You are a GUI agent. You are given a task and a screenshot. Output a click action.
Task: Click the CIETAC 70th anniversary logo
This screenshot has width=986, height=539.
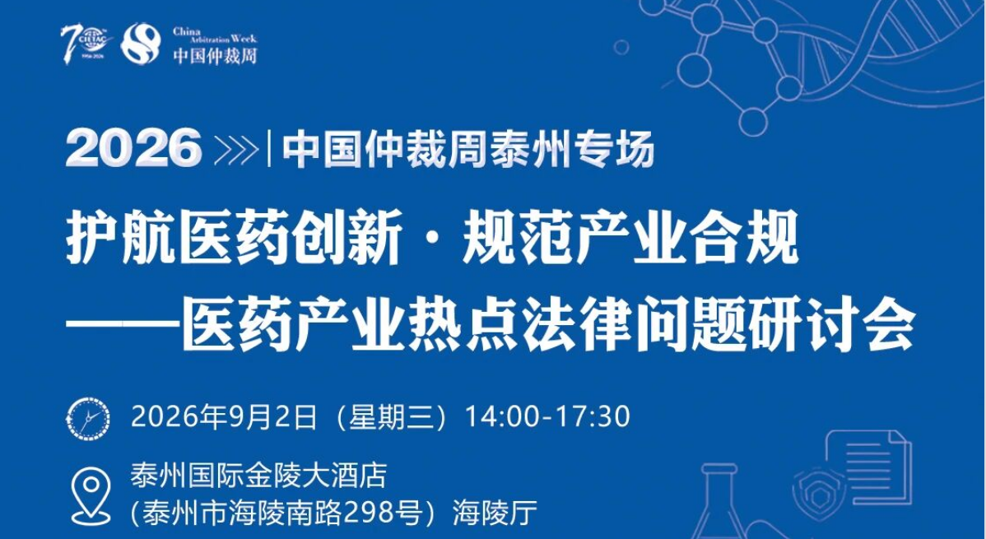(x=86, y=44)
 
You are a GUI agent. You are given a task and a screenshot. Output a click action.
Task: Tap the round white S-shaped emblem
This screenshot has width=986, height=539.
(x=140, y=44)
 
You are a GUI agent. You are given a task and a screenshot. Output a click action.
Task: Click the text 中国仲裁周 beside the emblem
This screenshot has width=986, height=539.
(x=215, y=55)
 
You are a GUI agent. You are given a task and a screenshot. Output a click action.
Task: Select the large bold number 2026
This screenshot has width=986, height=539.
(x=133, y=148)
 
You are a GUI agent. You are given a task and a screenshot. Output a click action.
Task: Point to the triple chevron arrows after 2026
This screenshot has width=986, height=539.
(x=236, y=149)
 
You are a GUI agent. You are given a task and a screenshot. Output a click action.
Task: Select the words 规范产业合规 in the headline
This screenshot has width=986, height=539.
(x=630, y=240)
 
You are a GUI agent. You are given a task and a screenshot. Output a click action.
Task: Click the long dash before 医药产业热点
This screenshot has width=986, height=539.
(x=122, y=327)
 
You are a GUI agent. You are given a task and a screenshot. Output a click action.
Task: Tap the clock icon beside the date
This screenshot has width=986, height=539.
(x=88, y=418)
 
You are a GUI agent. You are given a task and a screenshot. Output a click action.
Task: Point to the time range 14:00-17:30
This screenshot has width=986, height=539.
(x=547, y=417)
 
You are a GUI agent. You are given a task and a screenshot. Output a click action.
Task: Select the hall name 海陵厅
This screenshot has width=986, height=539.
(x=495, y=513)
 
